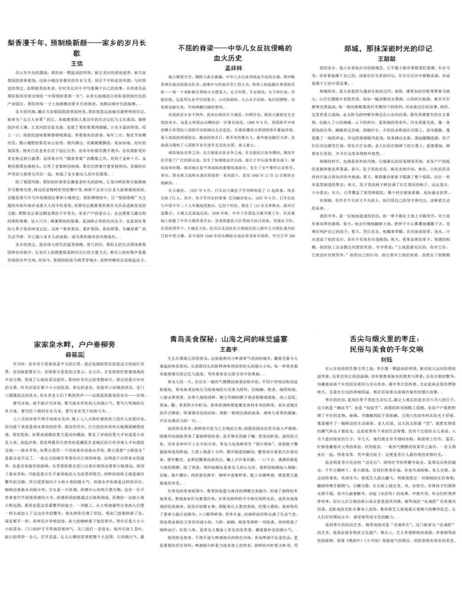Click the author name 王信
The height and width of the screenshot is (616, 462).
coord(77,64)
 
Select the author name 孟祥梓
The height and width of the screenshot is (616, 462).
coord(234,68)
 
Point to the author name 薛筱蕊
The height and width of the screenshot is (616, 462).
coord(75,354)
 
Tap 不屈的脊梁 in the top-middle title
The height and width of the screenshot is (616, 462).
coord(194,48)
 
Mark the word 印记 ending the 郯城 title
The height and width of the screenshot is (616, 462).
coord(424,49)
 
